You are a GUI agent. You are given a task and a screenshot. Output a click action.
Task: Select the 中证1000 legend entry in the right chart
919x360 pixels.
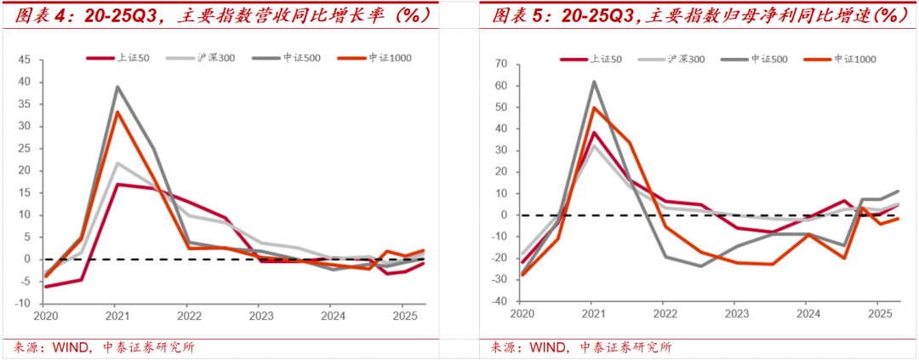coord(854,59)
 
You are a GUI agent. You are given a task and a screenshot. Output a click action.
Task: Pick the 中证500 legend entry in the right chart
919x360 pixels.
coord(770,59)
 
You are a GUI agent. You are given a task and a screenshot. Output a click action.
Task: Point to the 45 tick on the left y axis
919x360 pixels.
coord(23,60)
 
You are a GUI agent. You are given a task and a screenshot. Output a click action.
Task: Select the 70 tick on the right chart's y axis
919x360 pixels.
coord(500,64)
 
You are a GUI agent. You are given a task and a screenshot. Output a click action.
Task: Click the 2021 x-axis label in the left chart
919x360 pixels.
coord(117,314)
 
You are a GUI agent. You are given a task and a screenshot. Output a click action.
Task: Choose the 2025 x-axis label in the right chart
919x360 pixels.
coord(878,314)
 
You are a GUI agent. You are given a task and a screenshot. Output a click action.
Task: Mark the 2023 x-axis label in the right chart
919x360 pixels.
coord(736,314)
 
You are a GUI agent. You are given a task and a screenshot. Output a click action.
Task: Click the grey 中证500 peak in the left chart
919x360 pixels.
coord(117,86)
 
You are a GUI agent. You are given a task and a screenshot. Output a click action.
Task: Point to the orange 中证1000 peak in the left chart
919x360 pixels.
coord(117,111)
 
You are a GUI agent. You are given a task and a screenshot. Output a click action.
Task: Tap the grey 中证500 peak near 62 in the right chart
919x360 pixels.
coord(594,82)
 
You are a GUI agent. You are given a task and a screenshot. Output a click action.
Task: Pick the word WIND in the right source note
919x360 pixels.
coord(547,347)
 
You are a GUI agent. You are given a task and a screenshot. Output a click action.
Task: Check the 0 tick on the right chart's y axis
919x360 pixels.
coord(503,215)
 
